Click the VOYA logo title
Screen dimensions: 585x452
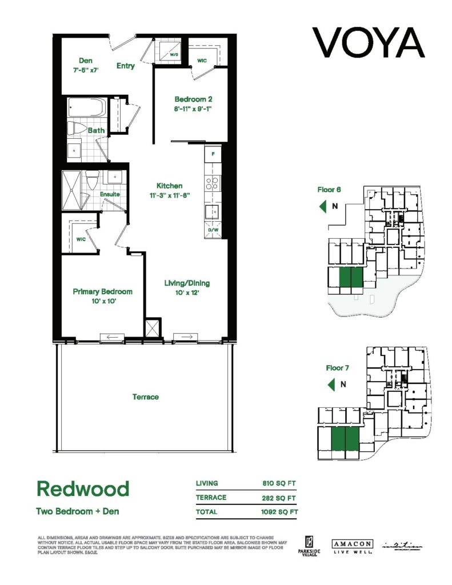point(369,42)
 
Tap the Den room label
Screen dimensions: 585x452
point(85,61)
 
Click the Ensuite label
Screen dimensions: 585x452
point(110,194)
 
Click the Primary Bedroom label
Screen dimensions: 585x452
point(103,291)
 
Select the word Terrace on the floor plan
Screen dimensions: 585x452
point(145,396)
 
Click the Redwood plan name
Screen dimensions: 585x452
point(83,488)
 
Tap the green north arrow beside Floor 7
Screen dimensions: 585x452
point(331,384)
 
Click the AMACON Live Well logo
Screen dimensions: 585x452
point(352,546)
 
